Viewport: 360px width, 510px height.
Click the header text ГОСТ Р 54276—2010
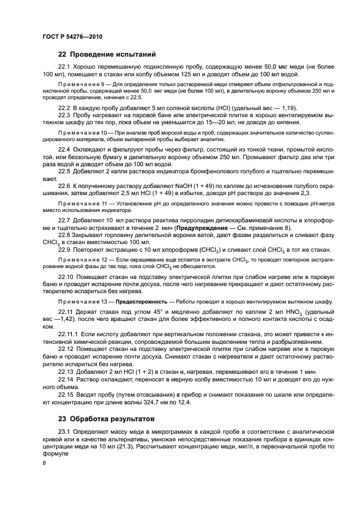coord(72,37)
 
